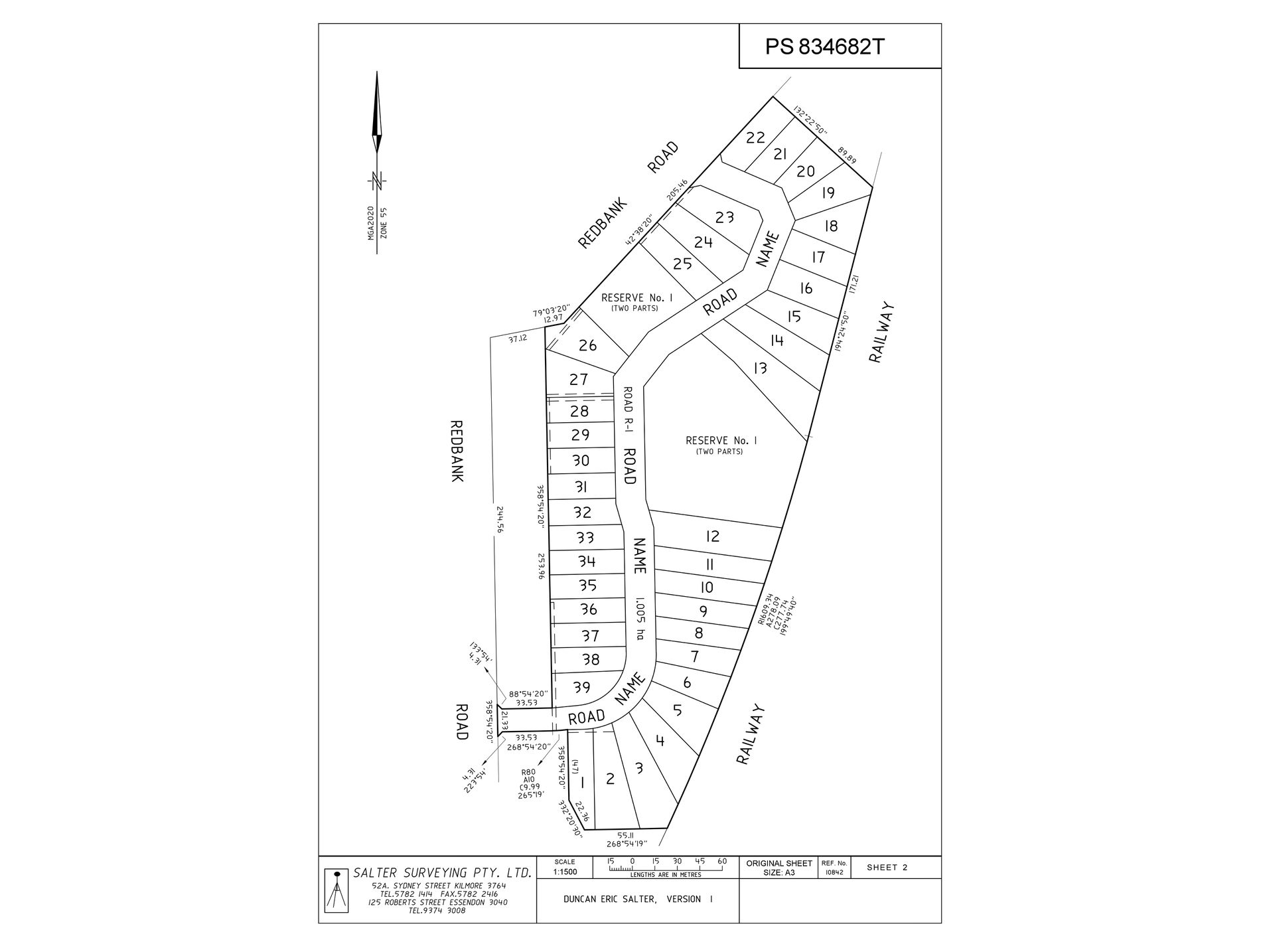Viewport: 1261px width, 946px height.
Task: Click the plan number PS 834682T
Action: tap(825, 46)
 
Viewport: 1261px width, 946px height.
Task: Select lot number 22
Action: tap(755, 138)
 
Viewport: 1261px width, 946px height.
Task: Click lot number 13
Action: tap(760, 367)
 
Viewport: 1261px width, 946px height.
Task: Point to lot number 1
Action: tap(582, 783)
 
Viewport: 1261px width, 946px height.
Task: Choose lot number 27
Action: tap(579, 380)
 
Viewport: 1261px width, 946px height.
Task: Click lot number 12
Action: tap(712, 536)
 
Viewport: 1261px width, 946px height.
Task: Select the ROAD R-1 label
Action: tap(627, 410)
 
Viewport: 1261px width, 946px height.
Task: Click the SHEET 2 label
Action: tap(887, 868)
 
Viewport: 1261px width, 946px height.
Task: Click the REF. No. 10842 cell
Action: tap(833, 868)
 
